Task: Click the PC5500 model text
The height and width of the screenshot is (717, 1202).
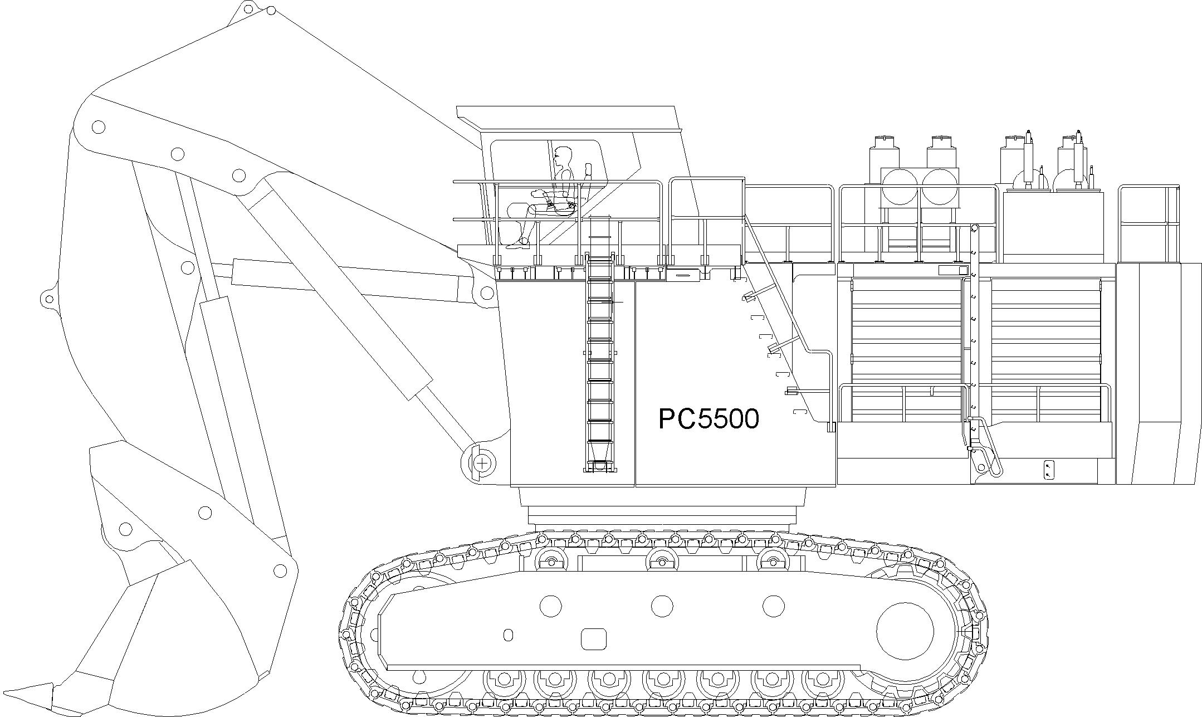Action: [709, 419]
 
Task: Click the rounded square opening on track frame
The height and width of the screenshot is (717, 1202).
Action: [593, 638]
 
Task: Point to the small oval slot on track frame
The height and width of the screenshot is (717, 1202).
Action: [507, 635]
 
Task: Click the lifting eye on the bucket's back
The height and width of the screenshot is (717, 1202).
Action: [48, 299]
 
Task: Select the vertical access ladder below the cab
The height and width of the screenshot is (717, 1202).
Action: [600, 362]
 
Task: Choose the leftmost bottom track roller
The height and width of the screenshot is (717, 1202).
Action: [504, 679]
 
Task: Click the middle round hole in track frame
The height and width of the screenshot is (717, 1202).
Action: [662, 606]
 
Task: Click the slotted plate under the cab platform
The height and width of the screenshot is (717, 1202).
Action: [682, 274]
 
